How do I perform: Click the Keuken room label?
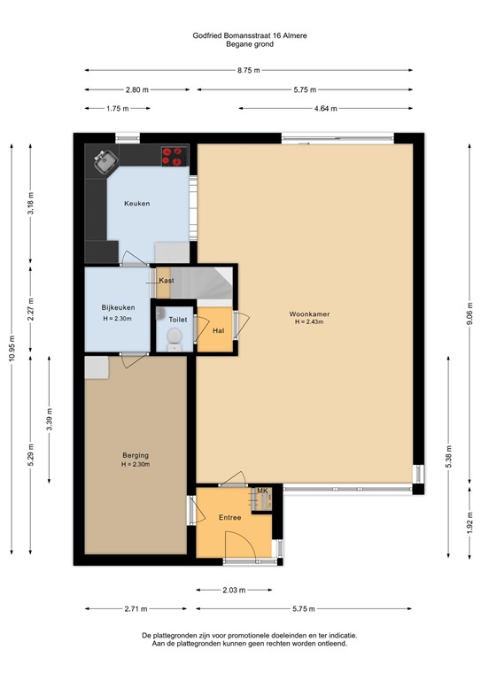[136, 203]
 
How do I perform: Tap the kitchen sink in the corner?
[105, 161]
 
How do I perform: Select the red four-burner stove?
[173, 157]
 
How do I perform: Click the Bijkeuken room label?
[119, 308]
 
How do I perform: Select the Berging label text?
[136, 455]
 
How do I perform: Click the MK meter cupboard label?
[261, 491]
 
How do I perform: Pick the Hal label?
[217, 330]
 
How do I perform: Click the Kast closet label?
[166, 281]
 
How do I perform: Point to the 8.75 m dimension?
[250, 71]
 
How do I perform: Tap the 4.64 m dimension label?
[324, 108]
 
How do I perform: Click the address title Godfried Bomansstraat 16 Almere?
[250, 35]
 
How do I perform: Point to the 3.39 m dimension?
[50, 417]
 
